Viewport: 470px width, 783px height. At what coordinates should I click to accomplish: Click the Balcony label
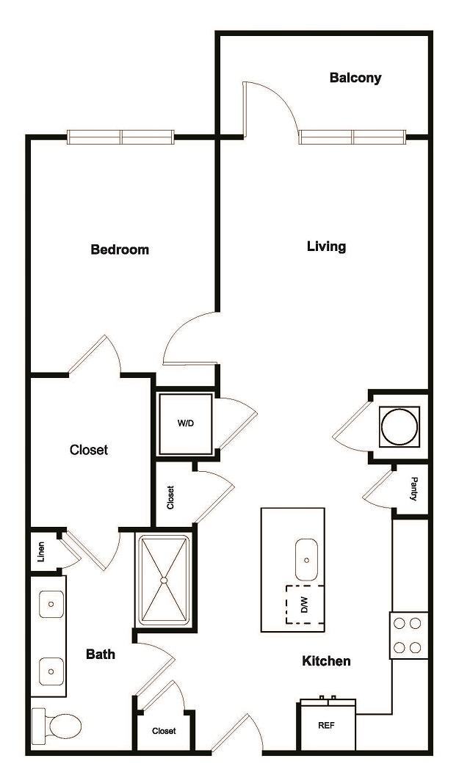pyautogui.click(x=355, y=77)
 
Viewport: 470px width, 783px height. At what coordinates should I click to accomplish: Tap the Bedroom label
pyautogui.click(x=120, y=250)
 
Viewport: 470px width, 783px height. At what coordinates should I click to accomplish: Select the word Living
pyautogui.click(x=326, y=246)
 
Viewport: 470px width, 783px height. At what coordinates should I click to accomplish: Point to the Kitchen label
pyautogui.click(x=326, y=661)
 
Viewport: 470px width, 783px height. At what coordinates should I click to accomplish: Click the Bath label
pyautogui.click(x=101, y=654)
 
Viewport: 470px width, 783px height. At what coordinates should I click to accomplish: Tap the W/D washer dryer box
pyautogui.click(x=185, y=423)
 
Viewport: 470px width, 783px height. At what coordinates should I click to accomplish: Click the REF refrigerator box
pyautogui.click(x=327, y=725)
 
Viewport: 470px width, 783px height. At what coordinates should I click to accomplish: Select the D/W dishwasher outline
pyautogui.click(x=304, y=605)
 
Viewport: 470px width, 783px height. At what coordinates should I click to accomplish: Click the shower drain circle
pyautogui.click(x=164, y=580)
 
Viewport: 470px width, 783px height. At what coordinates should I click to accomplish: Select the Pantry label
pyautogui.click(x=414, y=489)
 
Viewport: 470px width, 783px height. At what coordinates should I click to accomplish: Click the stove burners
pyautogui.click(x=408, y=635)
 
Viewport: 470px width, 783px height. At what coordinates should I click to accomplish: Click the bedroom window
pyautogui.click(x=121, y=136)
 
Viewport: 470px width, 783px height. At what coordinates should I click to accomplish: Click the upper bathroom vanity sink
pyautogui.click(x=51, y=604)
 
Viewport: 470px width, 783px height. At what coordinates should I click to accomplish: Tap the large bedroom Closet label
pyautogui.click(x=89, y=450)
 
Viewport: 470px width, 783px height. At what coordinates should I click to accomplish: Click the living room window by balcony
pyautogui.click(x=352, y=136)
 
